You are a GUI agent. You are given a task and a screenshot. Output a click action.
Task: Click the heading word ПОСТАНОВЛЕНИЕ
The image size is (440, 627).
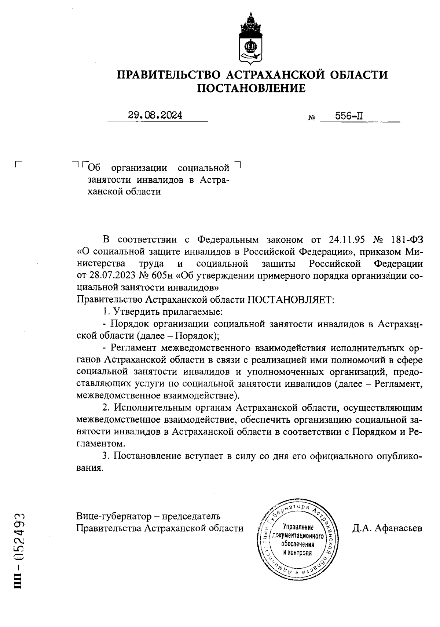tap(252, 88)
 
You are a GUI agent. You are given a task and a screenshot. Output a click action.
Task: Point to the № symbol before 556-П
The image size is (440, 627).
tap(312, 118)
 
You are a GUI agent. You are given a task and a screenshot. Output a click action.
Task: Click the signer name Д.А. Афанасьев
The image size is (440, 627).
tap(387, 528)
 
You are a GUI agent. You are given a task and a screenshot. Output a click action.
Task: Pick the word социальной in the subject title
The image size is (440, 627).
tap(203, 168)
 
